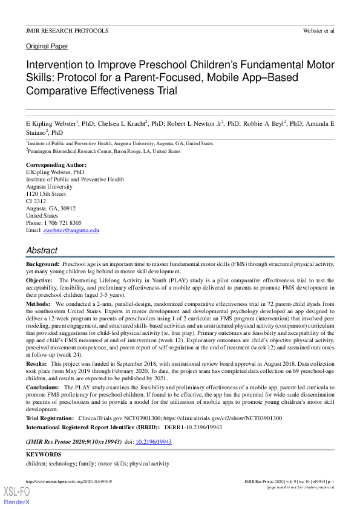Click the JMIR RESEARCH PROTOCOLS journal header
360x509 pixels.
click(x=67, y=30)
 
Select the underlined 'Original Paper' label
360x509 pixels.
click(x=47, y=46)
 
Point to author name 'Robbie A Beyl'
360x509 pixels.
click(x=264, y=123)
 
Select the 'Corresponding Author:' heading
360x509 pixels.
click(x=56, y=165)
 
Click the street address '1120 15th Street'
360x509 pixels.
click(x=46, y=194)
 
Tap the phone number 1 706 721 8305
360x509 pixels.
click(x=63, y=223)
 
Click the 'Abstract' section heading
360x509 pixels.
click(x=42, y=250)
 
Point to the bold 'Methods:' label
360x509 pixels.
click(x=39, y=303)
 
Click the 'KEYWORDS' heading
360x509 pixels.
click(x=44, y=454)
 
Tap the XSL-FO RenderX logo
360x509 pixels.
click(x=16, y=496)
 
